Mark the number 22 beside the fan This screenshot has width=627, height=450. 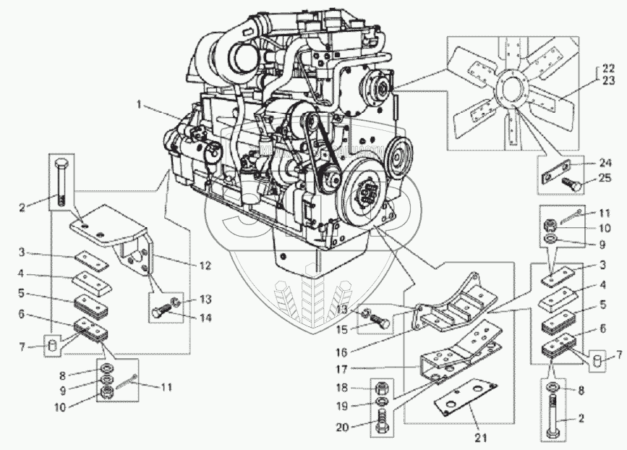(x=610, y=70)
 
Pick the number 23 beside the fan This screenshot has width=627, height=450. (x=610, y=81)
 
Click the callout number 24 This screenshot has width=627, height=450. (x=605, y=163)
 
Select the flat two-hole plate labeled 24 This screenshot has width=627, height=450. (x=560, y=171)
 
